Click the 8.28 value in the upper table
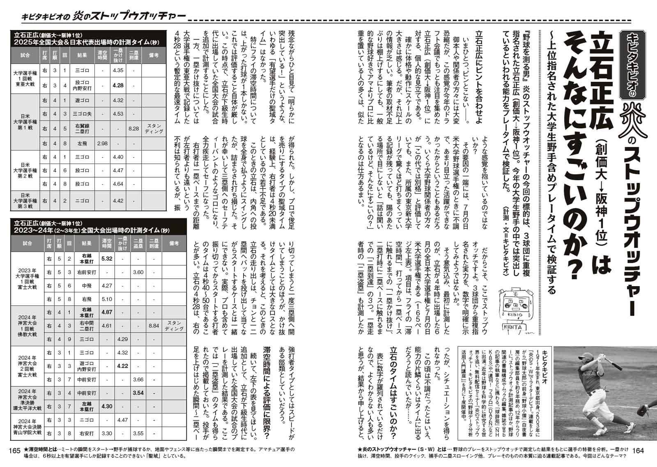pyautogui.click(x=133, y=129)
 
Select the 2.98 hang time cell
pyautogui.click(x=102, y=143)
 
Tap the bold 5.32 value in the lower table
pyautogui.click(x=106, y=259)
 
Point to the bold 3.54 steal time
pyautogui.click(x=138, y=393)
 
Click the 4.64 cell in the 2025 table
pyautogui.click(x=118, y=184)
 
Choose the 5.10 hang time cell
pyautogui.click(x=106, y=299)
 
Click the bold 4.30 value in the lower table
pyautogui.click(x=106, y=406)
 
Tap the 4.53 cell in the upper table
pyautogui.click(x=118, y=114)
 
